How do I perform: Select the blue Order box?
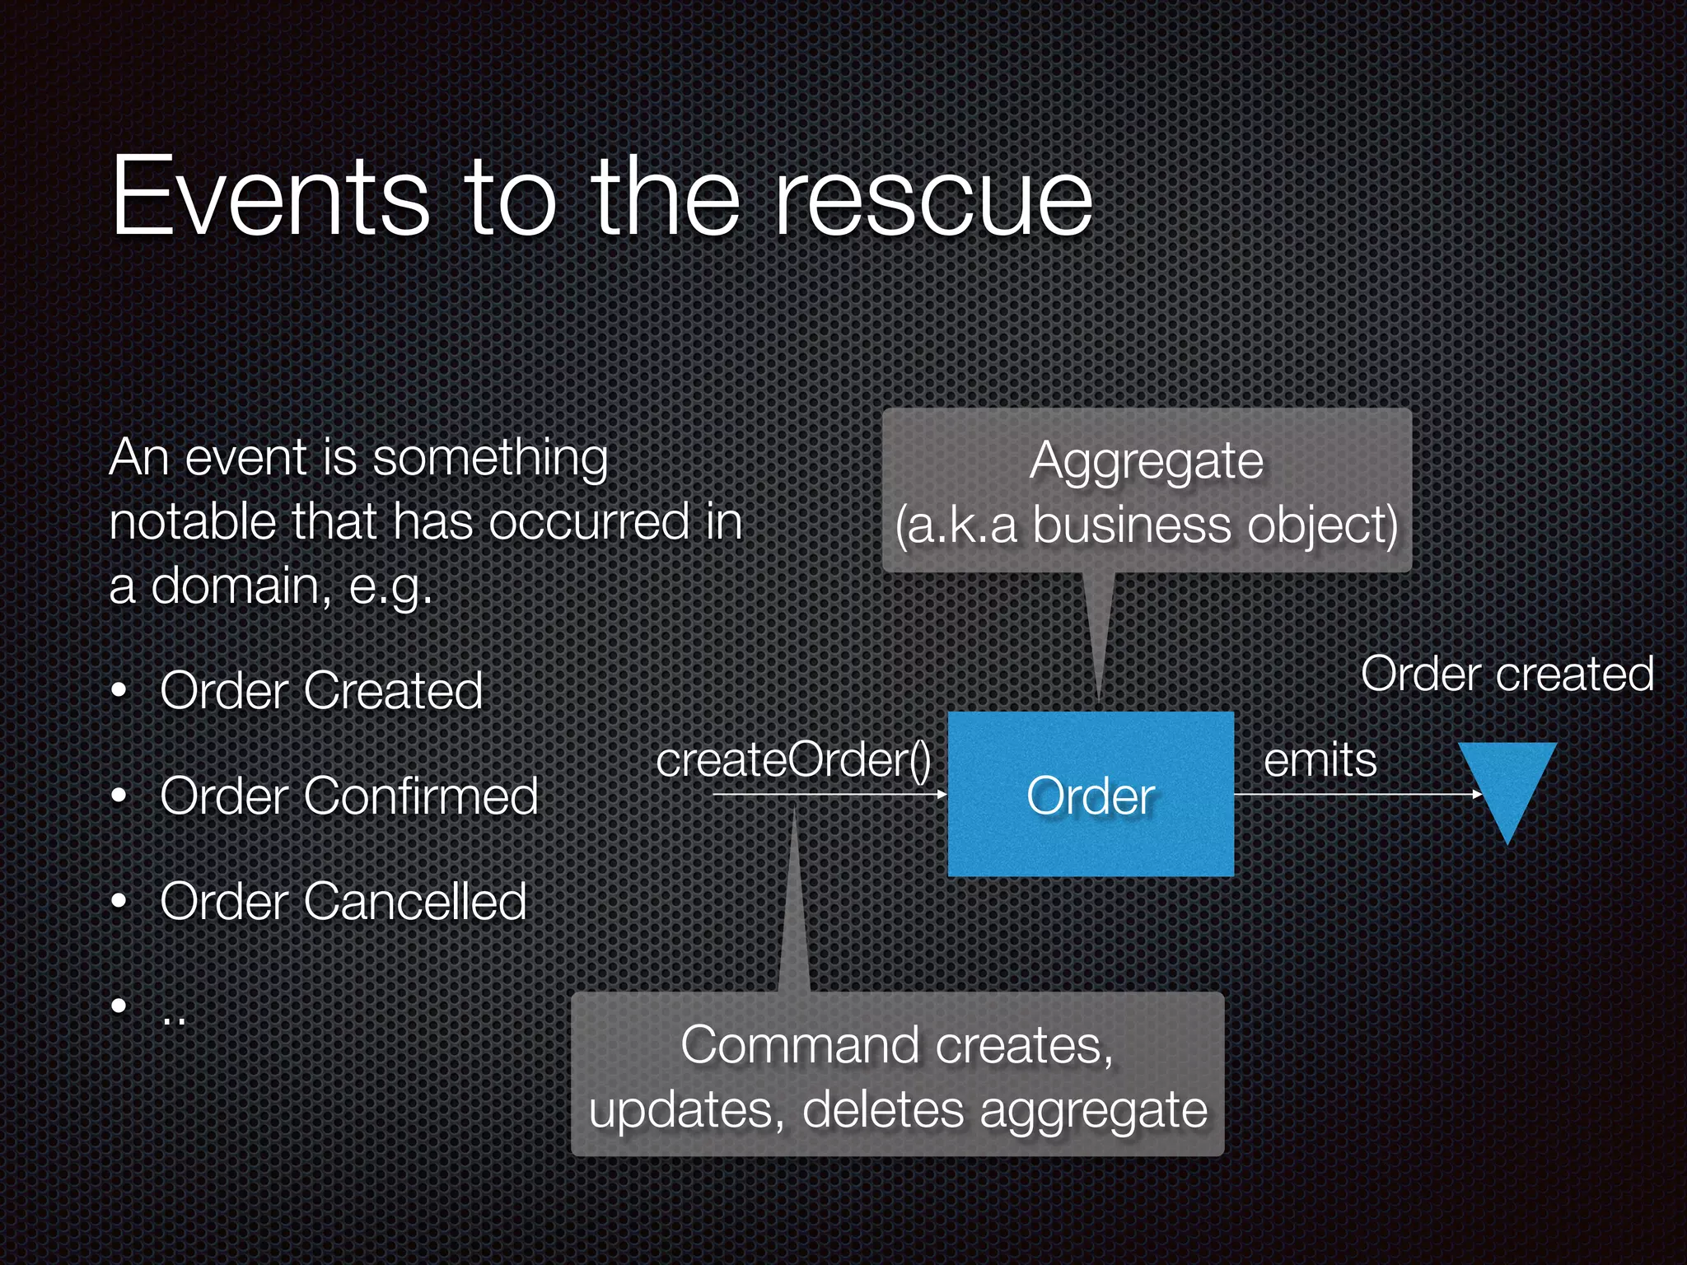click(x=1091, y=794)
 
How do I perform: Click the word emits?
click(x=1320, y=759)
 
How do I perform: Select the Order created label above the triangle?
click(x=1507, y=674)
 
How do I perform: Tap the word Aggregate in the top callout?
click(x=1146, y=461)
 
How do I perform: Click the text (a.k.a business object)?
click(x=1146, y=525)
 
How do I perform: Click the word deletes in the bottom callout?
click(x=882, y=1109)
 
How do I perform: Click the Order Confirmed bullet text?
click(x=348, y=796)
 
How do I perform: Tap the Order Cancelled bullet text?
click(x=343, y=901)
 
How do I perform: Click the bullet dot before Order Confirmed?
click(x=120, y=796)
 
